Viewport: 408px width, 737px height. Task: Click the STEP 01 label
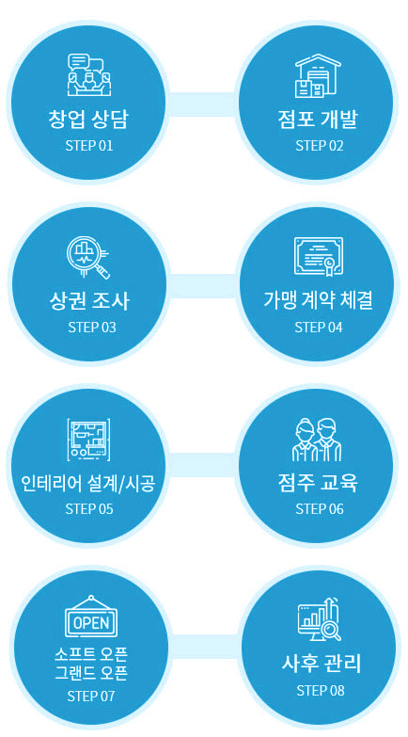[x=89, y=145]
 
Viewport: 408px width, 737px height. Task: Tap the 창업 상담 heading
[x=87, y=120]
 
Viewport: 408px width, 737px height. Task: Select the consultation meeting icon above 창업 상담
[x=89, y=74]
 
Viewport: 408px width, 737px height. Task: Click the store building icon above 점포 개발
[x=318, y=75]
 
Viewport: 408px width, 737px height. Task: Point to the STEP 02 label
[x=320, y=145]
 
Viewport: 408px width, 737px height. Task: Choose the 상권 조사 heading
[x=88, y=301]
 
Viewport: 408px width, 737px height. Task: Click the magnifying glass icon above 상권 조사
[x=87, y=257]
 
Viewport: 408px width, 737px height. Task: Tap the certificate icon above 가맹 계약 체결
[x=319, y=256]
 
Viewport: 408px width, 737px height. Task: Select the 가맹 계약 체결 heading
[x=319, y=300]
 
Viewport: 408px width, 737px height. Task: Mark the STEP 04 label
[x=319, y=328]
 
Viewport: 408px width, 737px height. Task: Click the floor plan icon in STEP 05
[x=88, y=439]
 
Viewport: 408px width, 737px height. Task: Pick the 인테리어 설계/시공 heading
[x=88, y=483]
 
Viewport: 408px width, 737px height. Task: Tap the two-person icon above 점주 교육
[x=317, y=440]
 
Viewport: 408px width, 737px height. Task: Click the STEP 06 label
[x=320, y=508]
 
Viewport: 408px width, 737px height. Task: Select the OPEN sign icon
[x=90, y=617]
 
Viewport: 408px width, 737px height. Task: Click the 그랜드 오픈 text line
[x=90, y=674]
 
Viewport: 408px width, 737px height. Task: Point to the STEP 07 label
[x=90, y=696]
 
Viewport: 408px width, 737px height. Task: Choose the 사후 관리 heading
[x=322, y=664]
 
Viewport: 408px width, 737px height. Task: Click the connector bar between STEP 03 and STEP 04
[x=201, y=286]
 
